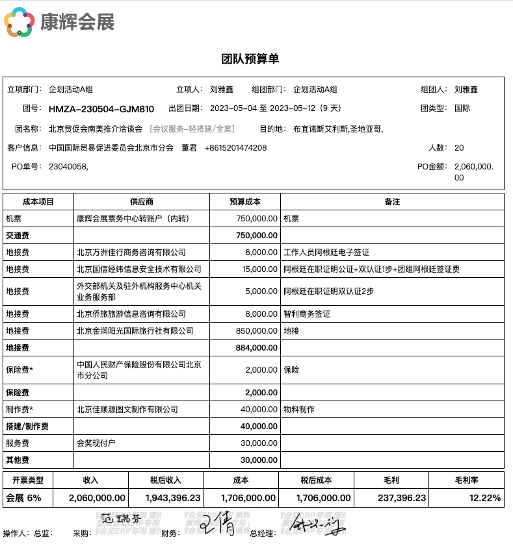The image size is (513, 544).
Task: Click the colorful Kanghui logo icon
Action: tap(19, 22)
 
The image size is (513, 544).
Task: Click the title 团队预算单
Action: tap(250, 59)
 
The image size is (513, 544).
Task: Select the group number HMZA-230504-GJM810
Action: tap(101, 108)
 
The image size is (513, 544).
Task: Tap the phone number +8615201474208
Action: tap(235, 148)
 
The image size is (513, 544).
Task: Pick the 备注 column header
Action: tap(392, 202)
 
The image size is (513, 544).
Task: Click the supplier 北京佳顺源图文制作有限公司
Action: tap(127, 410)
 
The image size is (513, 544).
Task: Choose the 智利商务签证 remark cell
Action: tap(307, 314)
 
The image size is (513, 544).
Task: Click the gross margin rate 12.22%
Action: tap(485, 498)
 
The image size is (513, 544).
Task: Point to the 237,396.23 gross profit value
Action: tap(402, 498)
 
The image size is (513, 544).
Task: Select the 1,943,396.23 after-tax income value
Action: tap(166, 498)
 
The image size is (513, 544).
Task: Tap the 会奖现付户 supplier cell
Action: tap(96, 443)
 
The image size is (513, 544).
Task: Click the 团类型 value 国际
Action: tap(462, 108)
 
